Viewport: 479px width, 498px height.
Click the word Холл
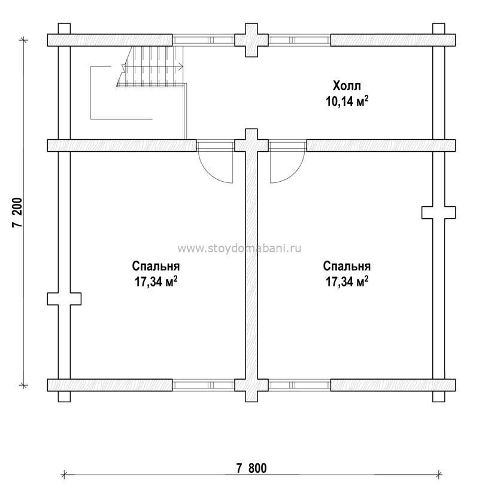click(347, 85)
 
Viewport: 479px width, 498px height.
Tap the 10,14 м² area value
click(347, 101)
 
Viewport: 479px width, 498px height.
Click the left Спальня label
click(156, 266)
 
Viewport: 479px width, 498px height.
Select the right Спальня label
click(347, 266)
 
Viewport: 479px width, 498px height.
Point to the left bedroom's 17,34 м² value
click(156, 282)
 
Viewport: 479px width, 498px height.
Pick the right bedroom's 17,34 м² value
click(347, 282)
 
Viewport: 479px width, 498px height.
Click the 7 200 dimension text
click(17, 212)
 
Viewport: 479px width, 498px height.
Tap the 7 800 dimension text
click(251, 468)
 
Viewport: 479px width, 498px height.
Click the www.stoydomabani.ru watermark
click(239, 248)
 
